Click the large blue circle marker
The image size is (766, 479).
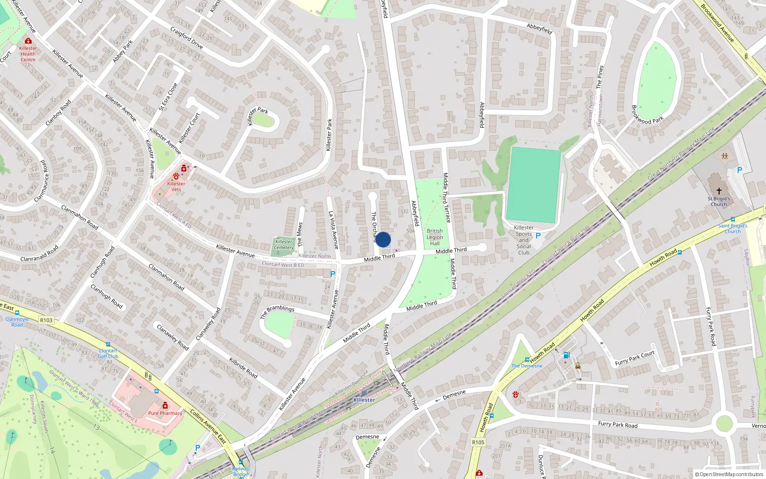(383, 239)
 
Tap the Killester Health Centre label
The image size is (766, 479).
(28, 54)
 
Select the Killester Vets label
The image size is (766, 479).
(176, 186)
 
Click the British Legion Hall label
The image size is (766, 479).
(435, 237)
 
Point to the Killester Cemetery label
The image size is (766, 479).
(284, 244)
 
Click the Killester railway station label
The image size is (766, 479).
(364, 400)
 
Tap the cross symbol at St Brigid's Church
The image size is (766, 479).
(719, 191)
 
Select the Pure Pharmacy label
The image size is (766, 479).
(165, 413)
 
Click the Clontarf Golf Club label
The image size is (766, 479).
(108, 354)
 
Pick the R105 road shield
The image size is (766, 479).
(478, 442)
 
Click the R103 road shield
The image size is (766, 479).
(46, 320)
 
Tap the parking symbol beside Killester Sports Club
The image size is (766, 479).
(538, 236)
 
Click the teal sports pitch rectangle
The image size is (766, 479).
(534, 185)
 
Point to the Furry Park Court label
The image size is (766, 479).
(634, 358)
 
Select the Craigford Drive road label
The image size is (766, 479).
(187, 38)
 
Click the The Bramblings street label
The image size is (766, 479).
(277, 312)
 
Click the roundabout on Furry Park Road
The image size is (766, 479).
(724, 424)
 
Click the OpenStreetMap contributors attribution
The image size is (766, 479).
(729, 474)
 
